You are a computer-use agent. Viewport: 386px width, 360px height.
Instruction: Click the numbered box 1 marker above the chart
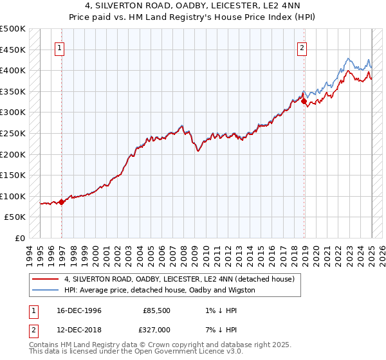59,47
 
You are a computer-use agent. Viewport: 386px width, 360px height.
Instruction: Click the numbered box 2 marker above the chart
302,47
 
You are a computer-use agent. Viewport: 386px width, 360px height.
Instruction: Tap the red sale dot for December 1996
62,202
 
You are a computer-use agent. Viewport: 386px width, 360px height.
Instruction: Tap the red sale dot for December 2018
304,101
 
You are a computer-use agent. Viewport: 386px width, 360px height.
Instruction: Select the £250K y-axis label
13,133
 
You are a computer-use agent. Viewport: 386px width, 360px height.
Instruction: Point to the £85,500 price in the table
157,310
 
